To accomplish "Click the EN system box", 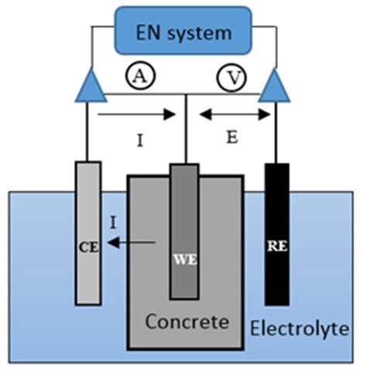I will coord(183,32).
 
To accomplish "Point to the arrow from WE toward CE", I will coord(139,241).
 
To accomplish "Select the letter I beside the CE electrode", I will coord(114,223).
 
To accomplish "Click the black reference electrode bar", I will coord(276,278).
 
